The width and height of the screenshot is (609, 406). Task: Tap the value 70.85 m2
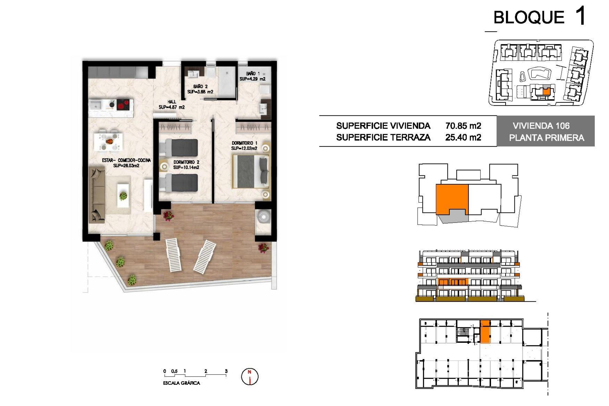pos(463,126)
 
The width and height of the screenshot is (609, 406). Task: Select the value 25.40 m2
pos(463,137)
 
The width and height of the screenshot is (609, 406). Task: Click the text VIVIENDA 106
pos(541,126)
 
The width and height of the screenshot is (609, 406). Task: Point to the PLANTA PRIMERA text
pos(547,138)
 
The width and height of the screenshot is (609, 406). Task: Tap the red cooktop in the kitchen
pos(123,104)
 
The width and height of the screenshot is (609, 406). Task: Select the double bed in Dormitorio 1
pos(251,171)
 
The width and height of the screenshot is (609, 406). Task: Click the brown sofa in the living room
pos(97,195)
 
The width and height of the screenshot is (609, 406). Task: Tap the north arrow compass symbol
pos(250,377)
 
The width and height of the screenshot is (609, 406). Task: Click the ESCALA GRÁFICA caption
pos(181,383)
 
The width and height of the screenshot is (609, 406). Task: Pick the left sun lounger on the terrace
pos(173,255)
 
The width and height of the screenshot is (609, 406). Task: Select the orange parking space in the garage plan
pos(485,332)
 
